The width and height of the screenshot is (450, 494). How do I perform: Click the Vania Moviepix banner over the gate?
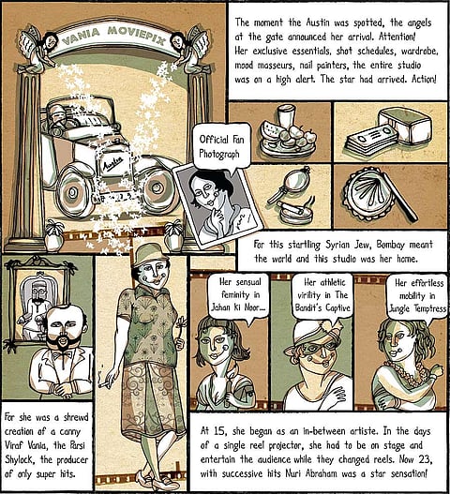114,38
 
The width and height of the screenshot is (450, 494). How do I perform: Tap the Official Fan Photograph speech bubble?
222,147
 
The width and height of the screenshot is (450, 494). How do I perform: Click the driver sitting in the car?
59,117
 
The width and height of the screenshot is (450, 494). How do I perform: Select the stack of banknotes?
371,140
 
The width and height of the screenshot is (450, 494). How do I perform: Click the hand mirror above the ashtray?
290,186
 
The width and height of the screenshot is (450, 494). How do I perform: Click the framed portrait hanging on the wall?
39,303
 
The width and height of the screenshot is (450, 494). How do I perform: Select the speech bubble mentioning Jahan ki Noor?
239,296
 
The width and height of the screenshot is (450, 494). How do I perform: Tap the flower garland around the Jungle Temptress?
410,374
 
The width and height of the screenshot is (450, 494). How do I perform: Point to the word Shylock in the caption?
19,459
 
